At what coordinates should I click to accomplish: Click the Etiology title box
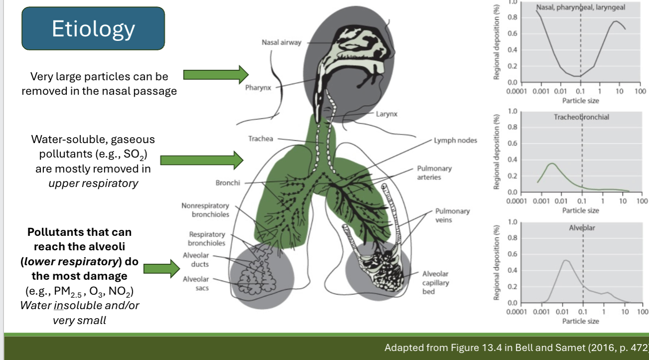[93, 29]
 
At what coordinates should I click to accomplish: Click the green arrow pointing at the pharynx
[215, 75]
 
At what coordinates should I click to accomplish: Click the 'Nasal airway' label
[281, 42]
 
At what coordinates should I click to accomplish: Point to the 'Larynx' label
[386, 114]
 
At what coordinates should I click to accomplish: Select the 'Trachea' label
[261, 139]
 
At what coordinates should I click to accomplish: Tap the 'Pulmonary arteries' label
[431, 173]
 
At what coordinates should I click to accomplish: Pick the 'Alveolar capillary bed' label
[435, 282]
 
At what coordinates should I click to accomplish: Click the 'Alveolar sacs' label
[195, 283]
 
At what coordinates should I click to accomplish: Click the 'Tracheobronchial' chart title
[581, 117]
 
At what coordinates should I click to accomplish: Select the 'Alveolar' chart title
[582, 228]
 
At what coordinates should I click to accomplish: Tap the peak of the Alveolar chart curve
[565, 260]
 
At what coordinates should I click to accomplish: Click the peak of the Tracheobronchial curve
[551, 164]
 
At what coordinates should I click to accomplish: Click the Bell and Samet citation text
[516, 347]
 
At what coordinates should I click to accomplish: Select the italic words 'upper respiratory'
[93, 183]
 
